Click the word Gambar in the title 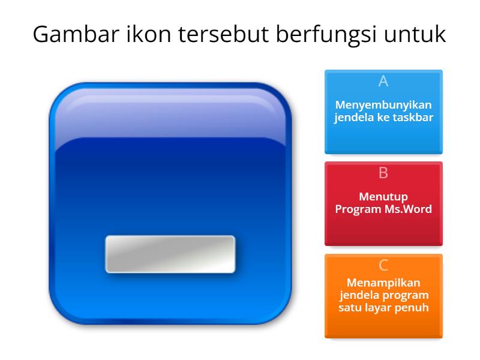point(67,34)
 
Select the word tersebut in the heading point(212,34)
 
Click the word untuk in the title point(419,34)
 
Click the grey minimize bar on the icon point(170,254)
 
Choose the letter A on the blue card point(383,81)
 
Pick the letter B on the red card point(383,173)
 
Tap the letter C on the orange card point(383,265)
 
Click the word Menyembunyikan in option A point(383,105)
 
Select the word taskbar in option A point(413,118)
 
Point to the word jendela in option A point(354,118)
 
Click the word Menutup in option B point(383,197)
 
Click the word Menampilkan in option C point(383,283)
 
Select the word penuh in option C point(415,308)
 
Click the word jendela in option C point(358,295)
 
